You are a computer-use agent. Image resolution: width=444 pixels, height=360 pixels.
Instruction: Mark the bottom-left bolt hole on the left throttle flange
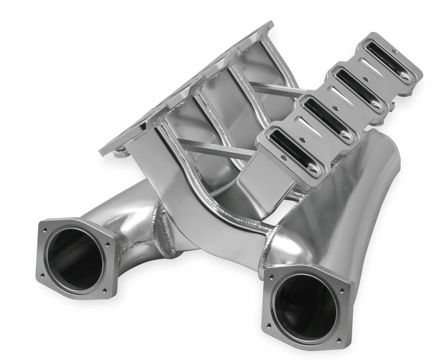click(x=43, y=275)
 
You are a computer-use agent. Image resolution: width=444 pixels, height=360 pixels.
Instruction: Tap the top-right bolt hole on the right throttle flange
click(x=342, y=291)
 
